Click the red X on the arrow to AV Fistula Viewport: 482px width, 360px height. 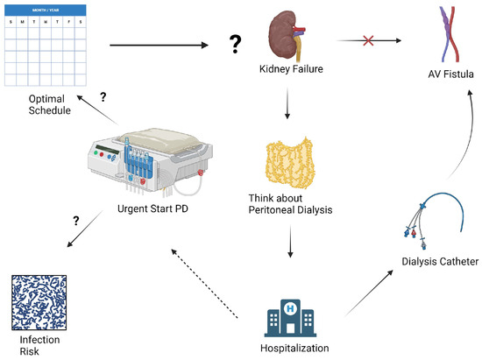pos(368,40)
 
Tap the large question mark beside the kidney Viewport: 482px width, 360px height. pos(236,44)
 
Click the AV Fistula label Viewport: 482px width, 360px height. pos(450,74)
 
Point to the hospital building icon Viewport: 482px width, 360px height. pos(290,318)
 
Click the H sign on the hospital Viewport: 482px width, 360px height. pos(290,307)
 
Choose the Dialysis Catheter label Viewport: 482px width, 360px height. pos(440,261)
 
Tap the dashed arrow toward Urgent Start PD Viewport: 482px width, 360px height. pos(204,284)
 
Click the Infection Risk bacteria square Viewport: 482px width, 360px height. pos(39,302)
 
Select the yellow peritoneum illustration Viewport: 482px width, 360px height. pos(290,163)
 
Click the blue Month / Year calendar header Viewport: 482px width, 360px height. pos(46,11)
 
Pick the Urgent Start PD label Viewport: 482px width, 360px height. pos(152,208)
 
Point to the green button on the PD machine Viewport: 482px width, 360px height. pos(96,152)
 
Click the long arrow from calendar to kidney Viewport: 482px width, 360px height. pos(159,46)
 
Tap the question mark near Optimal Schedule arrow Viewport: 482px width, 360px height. pos(103,96)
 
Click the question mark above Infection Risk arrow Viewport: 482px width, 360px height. pos(76,221)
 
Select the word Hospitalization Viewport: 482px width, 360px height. pos(294,348)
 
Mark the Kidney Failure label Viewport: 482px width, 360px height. pos(291,69)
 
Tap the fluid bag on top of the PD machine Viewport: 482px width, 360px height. pos(159,141)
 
